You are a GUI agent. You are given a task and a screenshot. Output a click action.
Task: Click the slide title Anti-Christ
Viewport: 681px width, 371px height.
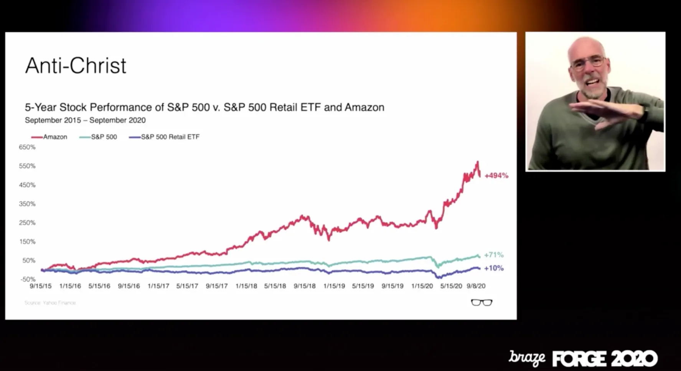click(x=76, y=66)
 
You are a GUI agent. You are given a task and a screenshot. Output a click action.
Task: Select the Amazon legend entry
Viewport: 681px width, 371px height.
click(x=49, y=137)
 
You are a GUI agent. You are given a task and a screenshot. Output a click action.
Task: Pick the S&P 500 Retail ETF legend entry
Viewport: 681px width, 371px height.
click(x=165, y=137)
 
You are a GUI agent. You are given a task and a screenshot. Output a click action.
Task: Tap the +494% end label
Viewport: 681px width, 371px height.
click(x=496, y=176)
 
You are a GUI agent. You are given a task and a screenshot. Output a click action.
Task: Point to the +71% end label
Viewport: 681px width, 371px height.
click(x=493, y=255)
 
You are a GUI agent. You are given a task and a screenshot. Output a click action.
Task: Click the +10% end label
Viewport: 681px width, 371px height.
click(x=493, y=268)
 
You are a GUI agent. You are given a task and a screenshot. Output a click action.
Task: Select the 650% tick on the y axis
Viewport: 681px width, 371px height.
click(x=27, y=147)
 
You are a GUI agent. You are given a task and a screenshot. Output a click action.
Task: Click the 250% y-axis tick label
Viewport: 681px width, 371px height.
click(x=27, y=223)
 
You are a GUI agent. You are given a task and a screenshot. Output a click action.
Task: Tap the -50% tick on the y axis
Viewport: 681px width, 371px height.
click(x=28, y=279)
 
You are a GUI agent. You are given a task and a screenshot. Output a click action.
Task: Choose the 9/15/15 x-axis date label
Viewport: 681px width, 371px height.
click(x=41, y=286)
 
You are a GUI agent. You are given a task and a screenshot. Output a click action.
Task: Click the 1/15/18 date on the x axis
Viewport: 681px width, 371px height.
click(x=246, y=286)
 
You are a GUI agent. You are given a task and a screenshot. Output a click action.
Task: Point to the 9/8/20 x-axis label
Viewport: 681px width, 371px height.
click(x=476, y=286)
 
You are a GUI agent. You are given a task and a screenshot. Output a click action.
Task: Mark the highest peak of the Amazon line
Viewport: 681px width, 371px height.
click(x=478, y=162)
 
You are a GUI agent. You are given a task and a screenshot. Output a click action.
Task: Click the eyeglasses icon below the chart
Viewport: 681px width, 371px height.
click(x=481, y=303)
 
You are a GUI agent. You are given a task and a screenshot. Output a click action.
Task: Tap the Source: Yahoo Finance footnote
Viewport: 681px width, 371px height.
click(x=50, y=303)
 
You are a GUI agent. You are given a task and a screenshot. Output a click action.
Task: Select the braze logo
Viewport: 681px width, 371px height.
click(x=527, y=358)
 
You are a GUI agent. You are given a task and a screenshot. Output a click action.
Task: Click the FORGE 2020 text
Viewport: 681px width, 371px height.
click(x=605, y=359)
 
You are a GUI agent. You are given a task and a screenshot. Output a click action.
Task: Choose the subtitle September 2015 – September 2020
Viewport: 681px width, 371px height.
click(x=85, y=120)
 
